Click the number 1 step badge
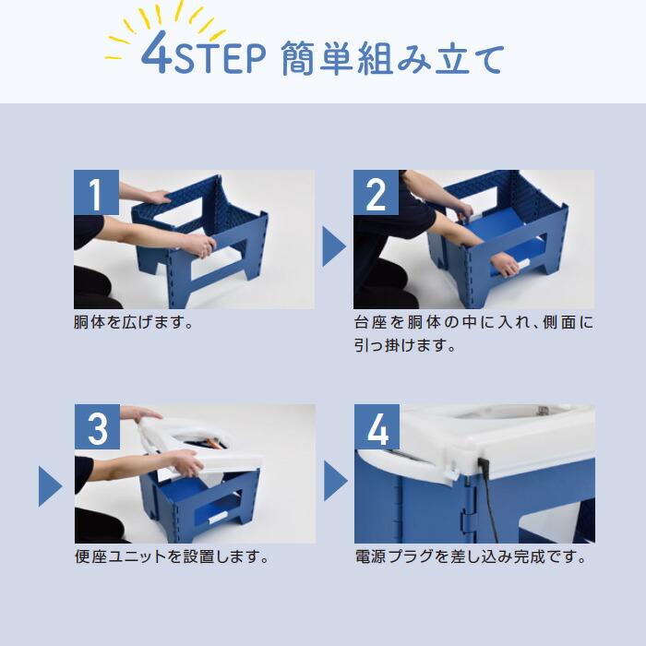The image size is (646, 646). pos(96,192)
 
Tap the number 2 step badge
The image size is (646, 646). pos(376,192)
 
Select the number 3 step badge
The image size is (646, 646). pos(97,426)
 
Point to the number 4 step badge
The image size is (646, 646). pos(377,426)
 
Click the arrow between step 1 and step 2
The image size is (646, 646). pos(334,246)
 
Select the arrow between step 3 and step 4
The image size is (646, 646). pos(336,481)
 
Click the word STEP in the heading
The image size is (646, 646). pos(220,59)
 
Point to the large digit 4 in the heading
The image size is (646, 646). pos(157,52)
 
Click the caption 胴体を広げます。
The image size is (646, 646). pos(134,322)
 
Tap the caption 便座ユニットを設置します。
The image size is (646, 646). pos(172,556)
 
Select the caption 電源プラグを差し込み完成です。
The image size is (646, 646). pos(471,556)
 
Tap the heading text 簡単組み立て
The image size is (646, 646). pos(392,59)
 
